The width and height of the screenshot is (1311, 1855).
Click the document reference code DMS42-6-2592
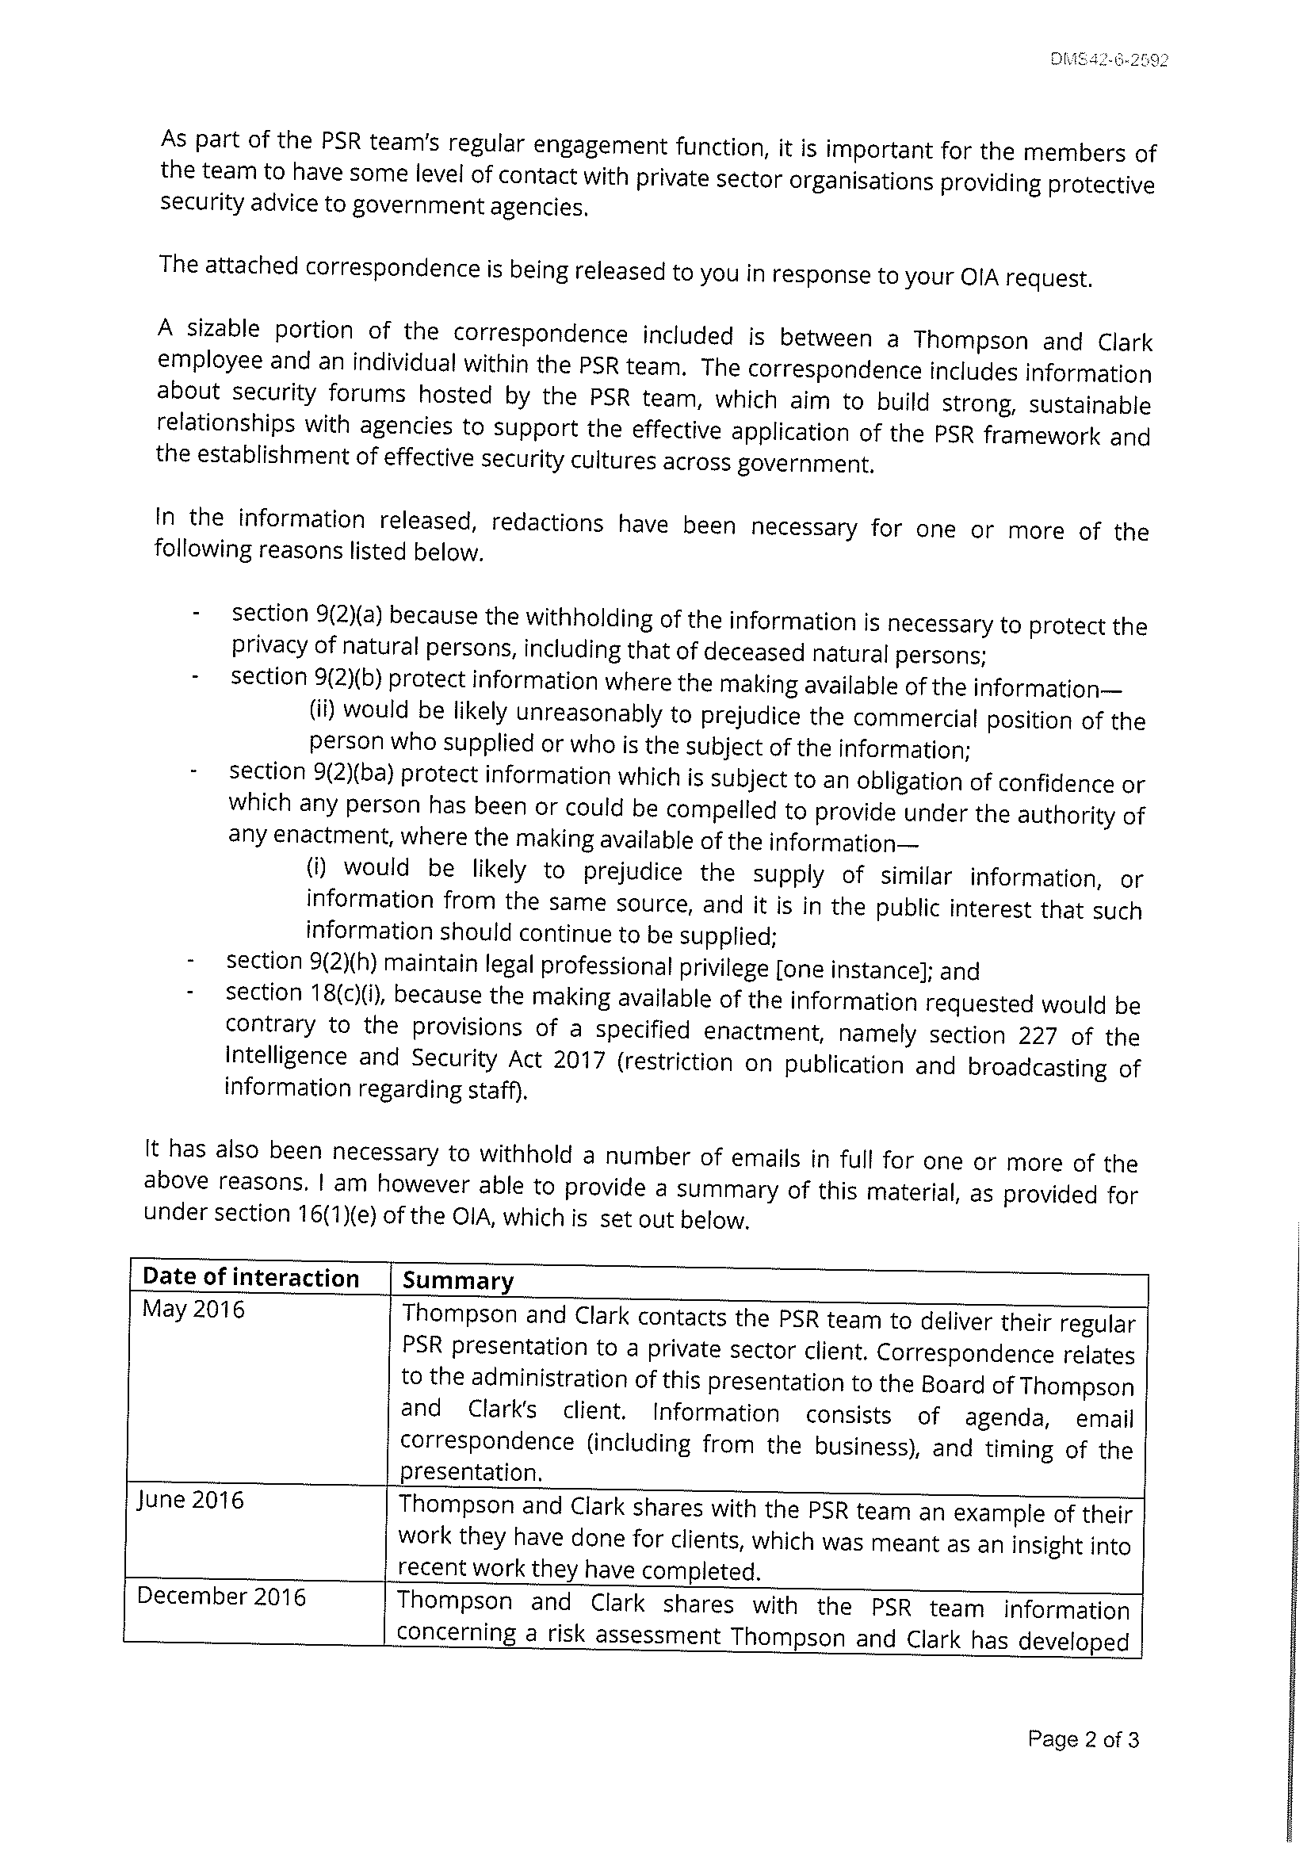tap(1110, 60)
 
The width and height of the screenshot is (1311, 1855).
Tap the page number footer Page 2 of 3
tap(1083, 1739)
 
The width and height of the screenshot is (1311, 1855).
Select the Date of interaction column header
tap(250, 1277)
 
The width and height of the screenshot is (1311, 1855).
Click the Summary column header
tap(457, 1280)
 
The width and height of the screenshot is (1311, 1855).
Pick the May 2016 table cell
tap(193, 1310)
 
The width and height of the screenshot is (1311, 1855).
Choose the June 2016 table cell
tap(191, 1501)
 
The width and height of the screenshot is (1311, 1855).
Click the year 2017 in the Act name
tap(579, 1059)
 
